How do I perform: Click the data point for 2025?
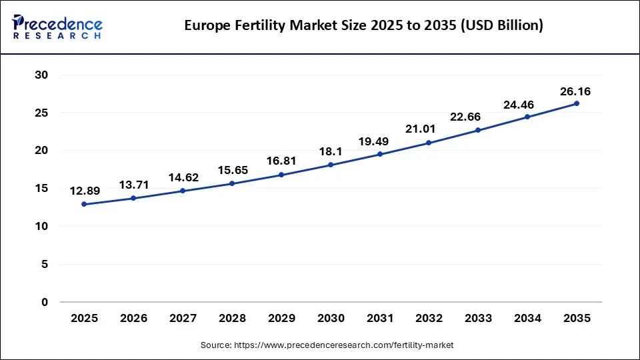[x=84, y=204]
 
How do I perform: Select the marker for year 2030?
[x=331, y=165]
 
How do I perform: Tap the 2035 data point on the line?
[x=577, y=103]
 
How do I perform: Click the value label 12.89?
[x=84, y=191]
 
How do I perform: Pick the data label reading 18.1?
[x=331, y=151]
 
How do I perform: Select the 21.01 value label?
[x=429, y=129]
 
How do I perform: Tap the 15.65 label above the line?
[x=232, y=170]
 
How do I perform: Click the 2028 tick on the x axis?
[x=232, y=319]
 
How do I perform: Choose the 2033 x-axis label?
[x=478, y=319]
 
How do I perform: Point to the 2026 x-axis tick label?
[x=133, y=319]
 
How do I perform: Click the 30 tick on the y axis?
[x=41, y=75]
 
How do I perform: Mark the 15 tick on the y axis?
[x=41, y=189]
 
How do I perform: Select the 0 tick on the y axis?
[x=45, y=302]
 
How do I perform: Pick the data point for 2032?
[x=429, y=143]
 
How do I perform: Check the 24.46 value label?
[x=527, y=104]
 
